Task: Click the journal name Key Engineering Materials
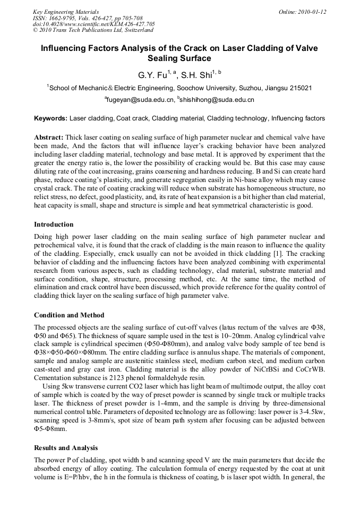[66, 12]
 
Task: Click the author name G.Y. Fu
[152, 75]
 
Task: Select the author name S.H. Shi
[196, 75]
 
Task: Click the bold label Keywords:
[50, 118]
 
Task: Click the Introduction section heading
[54, 225]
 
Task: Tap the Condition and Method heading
[69, 315]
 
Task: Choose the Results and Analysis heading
[66, 448]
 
